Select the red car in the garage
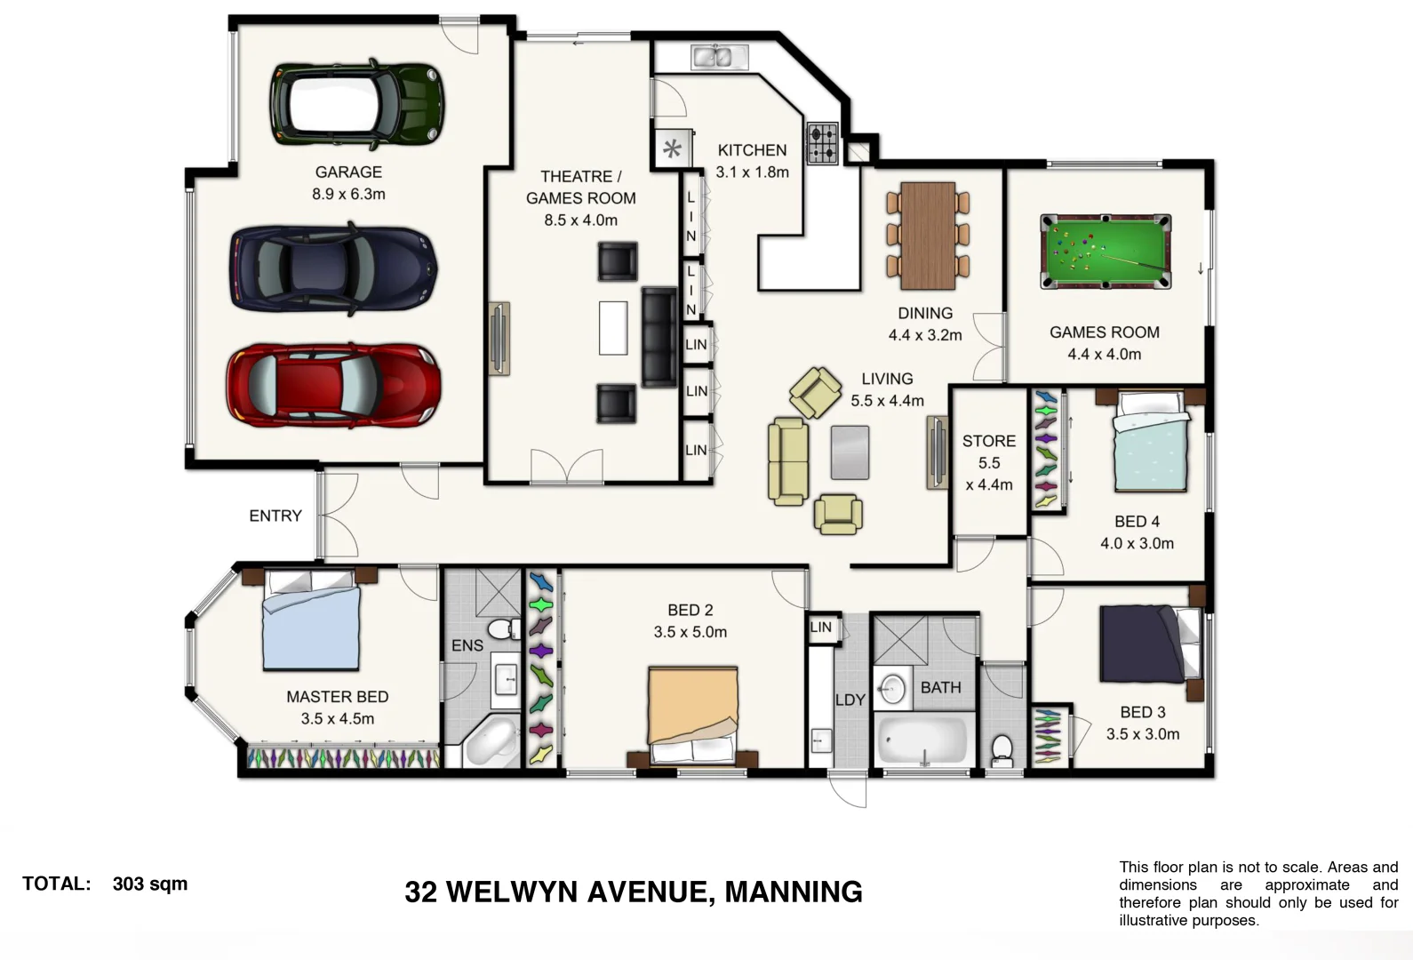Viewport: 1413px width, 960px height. (x=333, y=384)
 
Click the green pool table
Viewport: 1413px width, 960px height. (x=1105, y=252)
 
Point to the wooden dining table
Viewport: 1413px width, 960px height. (x=928, y=236)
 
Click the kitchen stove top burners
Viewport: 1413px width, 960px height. (x=822, y=143)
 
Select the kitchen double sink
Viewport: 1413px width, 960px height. (x=719, y=57)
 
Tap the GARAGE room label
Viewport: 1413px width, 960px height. (x=348, y=172)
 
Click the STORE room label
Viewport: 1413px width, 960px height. (x=988, y=441)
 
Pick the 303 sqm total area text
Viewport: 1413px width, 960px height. (x=150, y=884)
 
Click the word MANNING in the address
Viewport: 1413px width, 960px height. (x=794, y=892)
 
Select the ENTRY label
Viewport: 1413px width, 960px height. (x=275, y=516)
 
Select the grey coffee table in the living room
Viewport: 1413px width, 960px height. (x=850, y=452)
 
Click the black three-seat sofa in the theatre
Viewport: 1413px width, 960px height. (x=659, y=337)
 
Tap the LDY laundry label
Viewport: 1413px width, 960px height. (x=850, y=700)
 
